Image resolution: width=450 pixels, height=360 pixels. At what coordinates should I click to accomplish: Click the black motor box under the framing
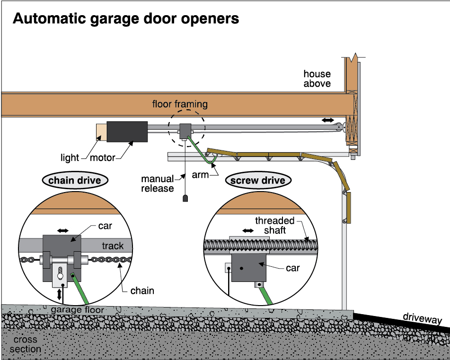(127, 132)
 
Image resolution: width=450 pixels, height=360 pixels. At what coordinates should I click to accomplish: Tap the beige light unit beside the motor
(101, 132)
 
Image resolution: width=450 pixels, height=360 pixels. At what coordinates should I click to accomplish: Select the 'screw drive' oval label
(258, 180)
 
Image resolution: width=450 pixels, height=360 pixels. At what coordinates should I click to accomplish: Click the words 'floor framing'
(180, 104)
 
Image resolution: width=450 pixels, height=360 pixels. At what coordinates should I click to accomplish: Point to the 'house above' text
(317, 79)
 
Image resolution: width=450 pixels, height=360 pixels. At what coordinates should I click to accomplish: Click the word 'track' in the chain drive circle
(113, 246)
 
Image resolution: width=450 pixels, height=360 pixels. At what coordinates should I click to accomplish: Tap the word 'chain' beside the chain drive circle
(142, 290)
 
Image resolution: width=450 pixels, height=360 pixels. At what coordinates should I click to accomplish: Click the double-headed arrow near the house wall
(327, 121)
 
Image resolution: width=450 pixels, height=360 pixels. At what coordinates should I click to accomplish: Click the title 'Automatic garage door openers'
(125, 18)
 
